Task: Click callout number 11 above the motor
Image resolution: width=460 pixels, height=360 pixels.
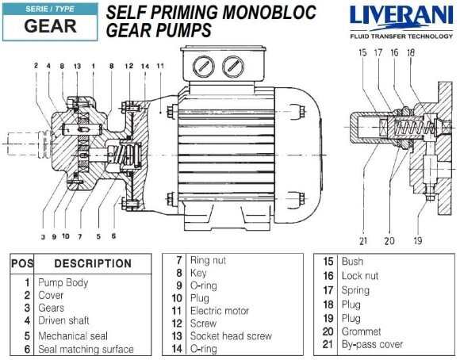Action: point(161,65)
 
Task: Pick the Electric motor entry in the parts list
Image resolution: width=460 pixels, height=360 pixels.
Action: point(219,311)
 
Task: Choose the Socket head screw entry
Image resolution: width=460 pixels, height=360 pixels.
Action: point(229,336)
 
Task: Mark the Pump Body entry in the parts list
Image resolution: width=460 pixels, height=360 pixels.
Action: point(63,282)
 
